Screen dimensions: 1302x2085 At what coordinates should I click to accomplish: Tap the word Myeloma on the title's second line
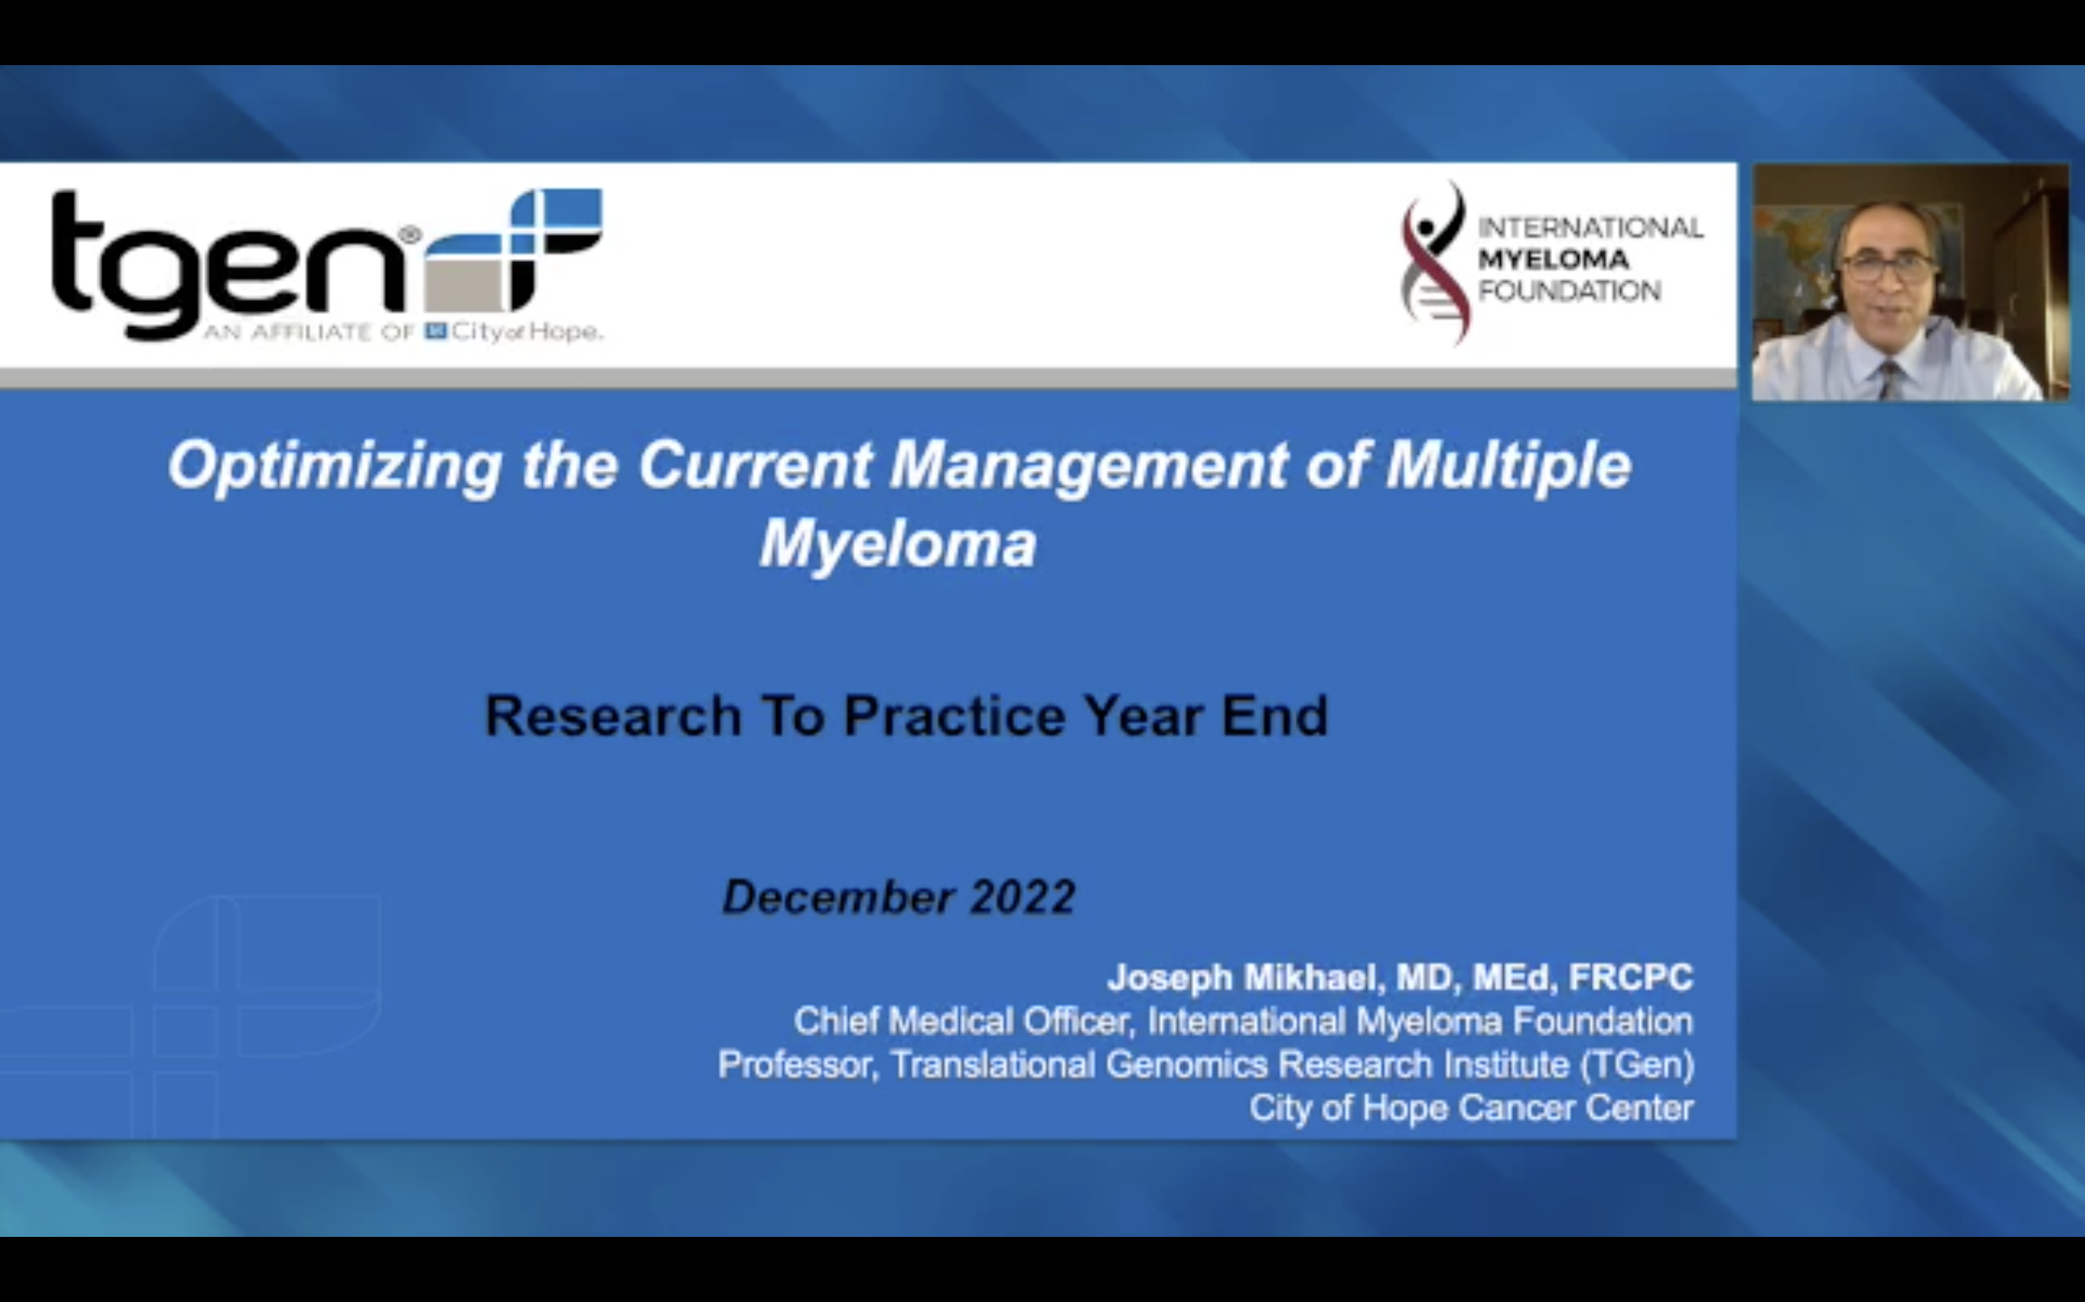point(898,545)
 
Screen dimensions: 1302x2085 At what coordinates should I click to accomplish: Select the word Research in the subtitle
point(612,716)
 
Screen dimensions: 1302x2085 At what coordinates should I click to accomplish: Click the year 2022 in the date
point(1023,897)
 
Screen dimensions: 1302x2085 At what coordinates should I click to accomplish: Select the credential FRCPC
point(1630,978)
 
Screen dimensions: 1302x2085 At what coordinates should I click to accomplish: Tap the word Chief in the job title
point(835,1021)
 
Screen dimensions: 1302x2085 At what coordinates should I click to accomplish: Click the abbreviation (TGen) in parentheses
point(1637,1065)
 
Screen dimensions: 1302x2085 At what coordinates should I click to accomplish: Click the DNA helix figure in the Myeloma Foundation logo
point(1432,263)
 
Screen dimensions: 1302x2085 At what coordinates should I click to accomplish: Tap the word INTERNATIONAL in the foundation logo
point(1590,228)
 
